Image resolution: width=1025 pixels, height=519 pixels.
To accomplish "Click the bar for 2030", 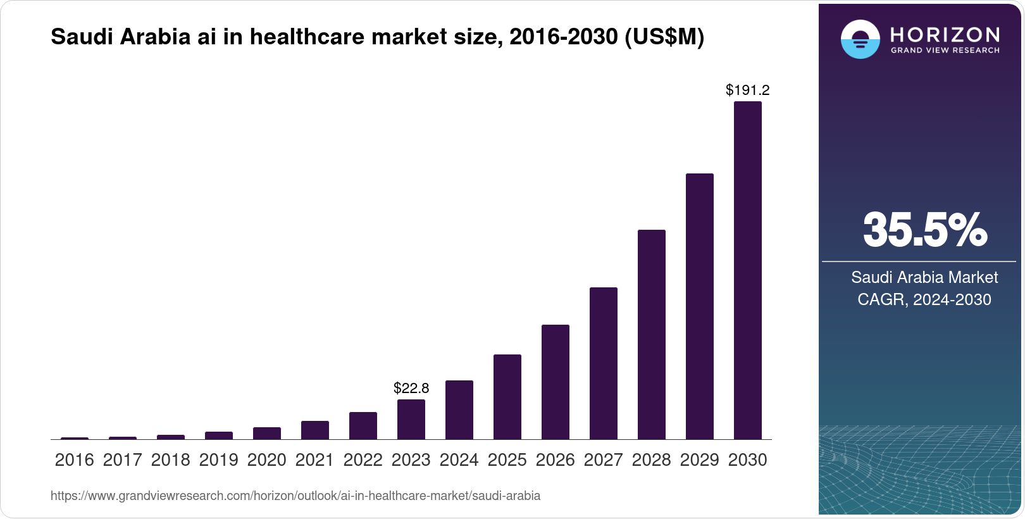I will tap(747, 270).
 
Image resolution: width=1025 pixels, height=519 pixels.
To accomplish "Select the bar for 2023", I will tap(411, 419).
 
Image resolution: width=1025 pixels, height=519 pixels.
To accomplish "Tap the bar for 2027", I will tap(604, 363).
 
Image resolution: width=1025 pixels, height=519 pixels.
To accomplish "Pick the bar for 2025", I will tap(507, 397).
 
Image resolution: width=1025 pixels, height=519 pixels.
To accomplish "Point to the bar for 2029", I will tap(700, 306).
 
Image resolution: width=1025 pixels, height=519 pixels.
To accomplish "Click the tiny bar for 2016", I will tap(75, 438).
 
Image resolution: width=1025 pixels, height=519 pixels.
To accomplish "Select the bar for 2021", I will tap(315, 430).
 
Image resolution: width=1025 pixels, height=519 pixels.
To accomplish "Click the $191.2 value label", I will tap(747, 90).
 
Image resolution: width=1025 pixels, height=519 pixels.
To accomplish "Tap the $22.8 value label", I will tap(411, 387).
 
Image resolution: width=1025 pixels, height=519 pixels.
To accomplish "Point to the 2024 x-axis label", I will tap(459, 460).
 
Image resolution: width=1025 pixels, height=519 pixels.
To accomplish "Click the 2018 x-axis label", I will tap(171, 460).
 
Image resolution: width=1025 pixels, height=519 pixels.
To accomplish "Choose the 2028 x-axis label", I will tap(652, 460).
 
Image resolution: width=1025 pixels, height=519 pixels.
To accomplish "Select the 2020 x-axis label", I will tap(267, 460).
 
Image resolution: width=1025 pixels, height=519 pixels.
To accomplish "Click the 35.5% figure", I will tap(924, 230).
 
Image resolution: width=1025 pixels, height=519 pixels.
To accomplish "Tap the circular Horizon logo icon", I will tap(860, 39).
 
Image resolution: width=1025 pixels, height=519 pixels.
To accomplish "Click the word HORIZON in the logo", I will tap(945, 34).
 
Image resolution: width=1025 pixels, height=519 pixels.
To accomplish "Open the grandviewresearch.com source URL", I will tap(295, 496).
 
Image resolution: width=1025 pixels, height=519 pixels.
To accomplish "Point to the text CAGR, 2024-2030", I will tap(924, 299).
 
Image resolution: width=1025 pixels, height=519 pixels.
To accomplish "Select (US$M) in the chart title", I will tap(664, 37).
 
